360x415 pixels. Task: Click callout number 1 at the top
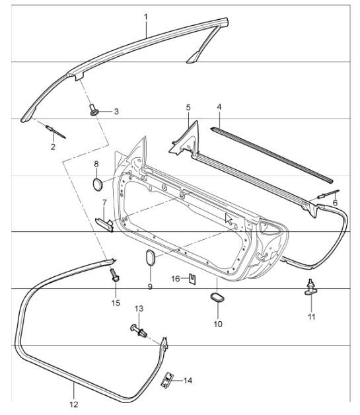tap(146, 16)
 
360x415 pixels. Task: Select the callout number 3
tap(116, 112)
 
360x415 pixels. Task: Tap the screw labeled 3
tap(94, 109)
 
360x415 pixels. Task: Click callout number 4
tap(219, 106)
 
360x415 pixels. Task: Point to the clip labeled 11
tap(310, 289)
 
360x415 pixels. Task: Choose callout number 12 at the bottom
tap(73, 404)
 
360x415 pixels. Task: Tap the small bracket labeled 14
tap(168, 379)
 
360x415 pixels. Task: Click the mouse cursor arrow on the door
tap(229, 219)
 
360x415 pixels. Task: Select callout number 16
tap(176, 278)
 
